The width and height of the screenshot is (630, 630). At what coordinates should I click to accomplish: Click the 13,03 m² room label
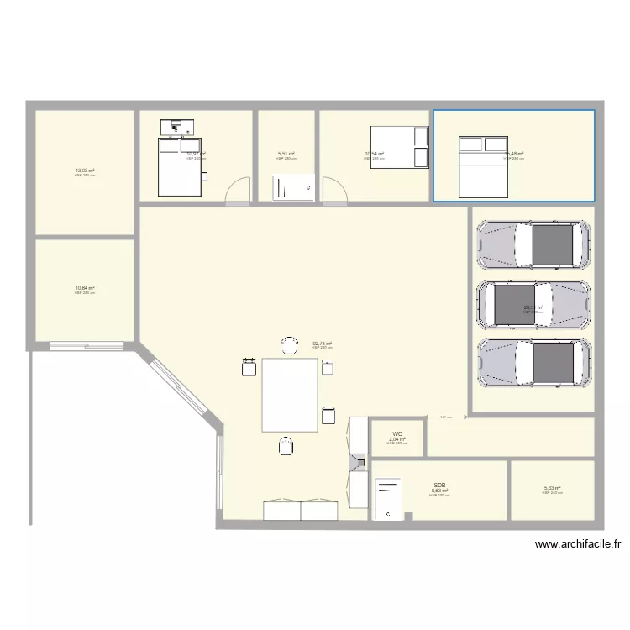click(x=85, y=170)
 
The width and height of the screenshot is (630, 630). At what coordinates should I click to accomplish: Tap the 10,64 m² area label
click(x=85, y=287)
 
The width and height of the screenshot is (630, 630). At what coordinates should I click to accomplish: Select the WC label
click(x=397, y=434)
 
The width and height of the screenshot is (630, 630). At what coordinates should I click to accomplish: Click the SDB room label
click(x=439, y=486)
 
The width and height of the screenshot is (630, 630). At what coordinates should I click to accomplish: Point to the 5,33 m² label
click(x=552, y=488)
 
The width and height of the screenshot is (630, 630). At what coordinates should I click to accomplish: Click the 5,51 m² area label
click(x=286, y=154)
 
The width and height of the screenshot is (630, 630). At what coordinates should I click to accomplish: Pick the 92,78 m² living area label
click(x=323, y=343)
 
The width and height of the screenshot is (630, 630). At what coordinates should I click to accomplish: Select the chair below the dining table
click(x=286, y=445)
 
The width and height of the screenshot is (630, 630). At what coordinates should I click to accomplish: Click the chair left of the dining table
click(x=249, y=367)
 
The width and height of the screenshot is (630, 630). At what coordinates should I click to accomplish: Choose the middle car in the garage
click(x=533, y=303)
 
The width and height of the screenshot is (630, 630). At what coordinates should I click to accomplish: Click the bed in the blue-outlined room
click(x=483, y=166)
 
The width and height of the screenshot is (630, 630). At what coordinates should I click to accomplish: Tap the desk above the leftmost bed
click(x=177, y=127)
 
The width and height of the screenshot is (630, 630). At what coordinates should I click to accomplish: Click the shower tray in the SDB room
click(x=388, y=501)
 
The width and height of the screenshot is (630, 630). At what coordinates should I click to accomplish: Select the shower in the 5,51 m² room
click(x=293, y=188)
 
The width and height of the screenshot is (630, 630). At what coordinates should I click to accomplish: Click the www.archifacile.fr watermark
click(x=579, y=544)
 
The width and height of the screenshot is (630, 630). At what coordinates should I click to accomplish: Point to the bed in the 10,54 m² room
click(x=399, y=147)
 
